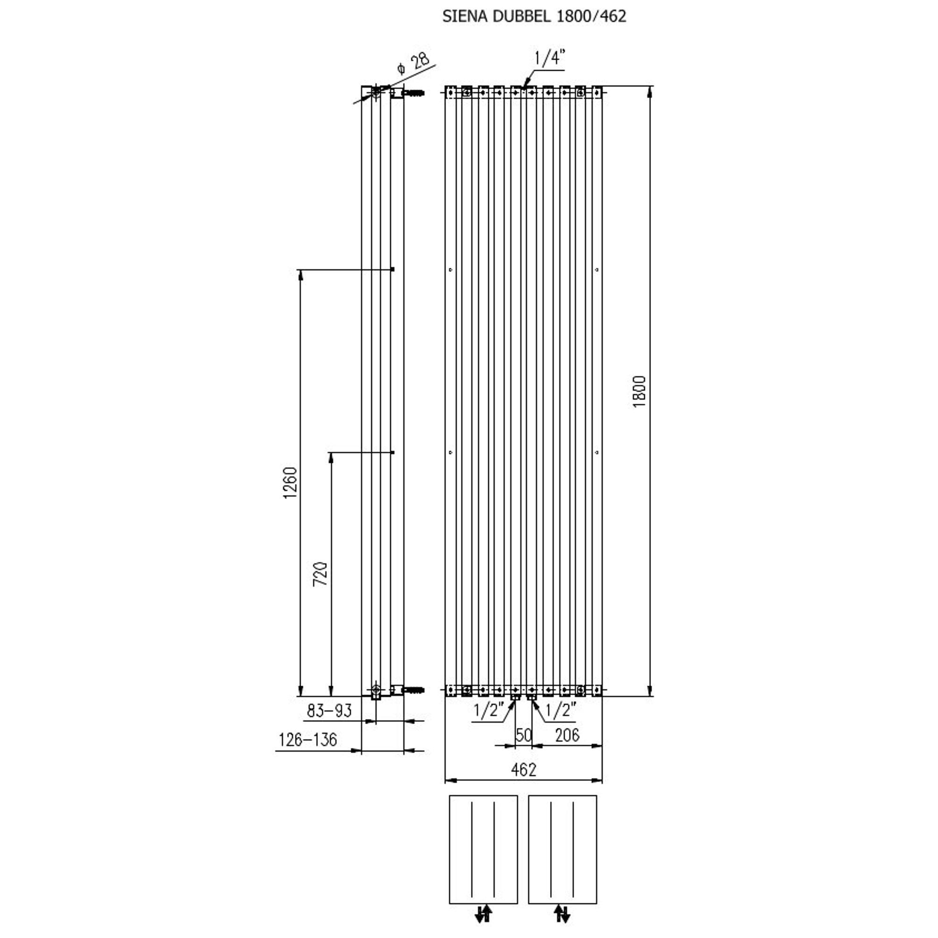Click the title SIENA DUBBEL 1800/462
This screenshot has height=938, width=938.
click(534, 16)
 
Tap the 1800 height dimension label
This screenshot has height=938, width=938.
click(640, 391)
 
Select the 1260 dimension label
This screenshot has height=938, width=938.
click(290, 483)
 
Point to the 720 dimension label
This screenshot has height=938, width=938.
click(320, 574)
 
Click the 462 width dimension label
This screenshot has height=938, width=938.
click(524, 770)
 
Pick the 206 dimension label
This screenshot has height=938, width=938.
click(567, 735)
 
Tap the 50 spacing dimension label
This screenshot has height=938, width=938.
click(524, 735)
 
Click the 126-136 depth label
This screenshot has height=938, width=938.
click(308, 740)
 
